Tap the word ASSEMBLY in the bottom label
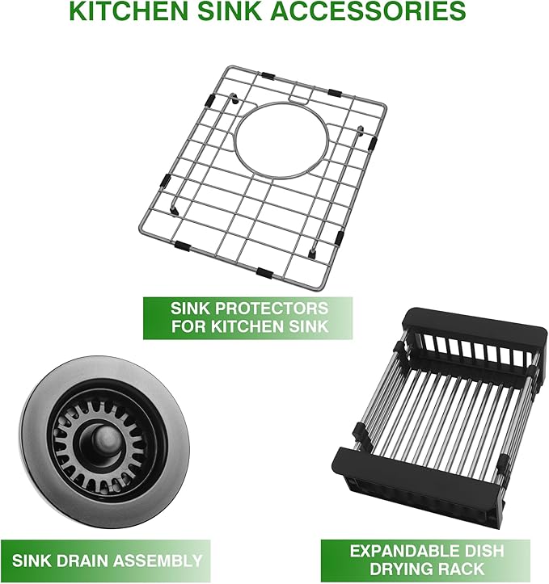point(159,560)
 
